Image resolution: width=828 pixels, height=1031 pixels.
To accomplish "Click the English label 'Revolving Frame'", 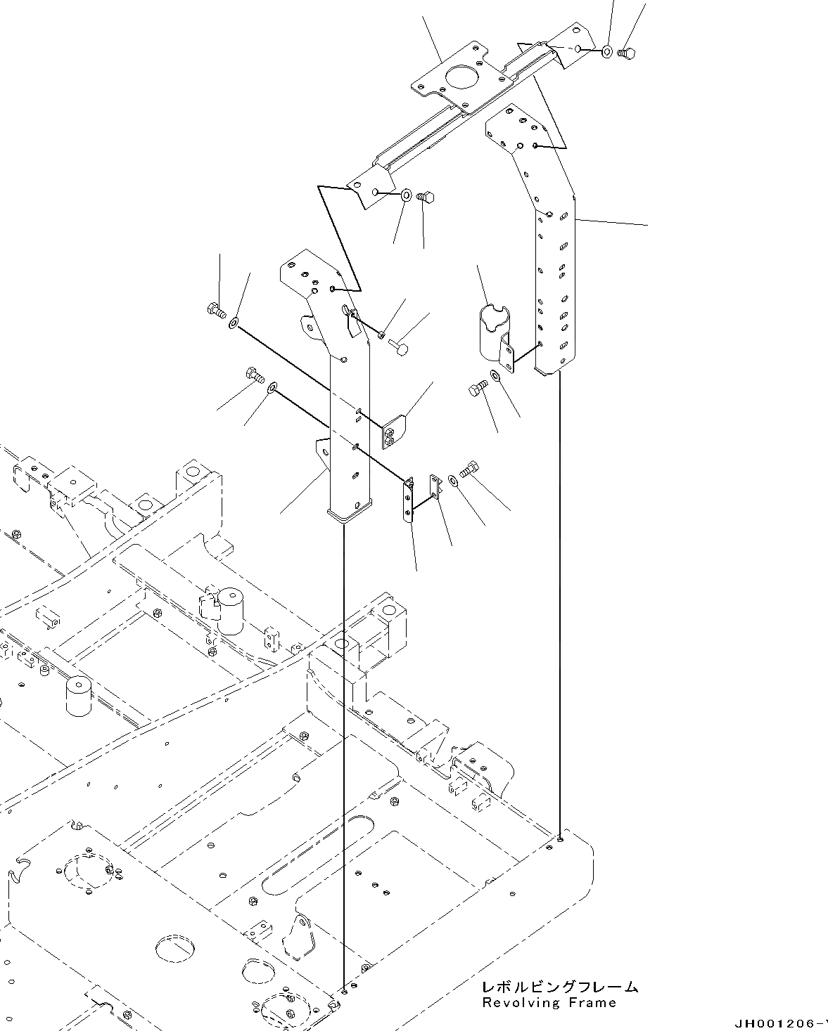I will (549, 1003).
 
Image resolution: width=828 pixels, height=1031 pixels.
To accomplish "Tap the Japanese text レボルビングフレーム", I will (560, 987).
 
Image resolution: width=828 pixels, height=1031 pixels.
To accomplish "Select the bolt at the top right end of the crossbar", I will (626, 52).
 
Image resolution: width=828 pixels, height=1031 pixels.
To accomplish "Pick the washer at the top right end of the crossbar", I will (607, 51).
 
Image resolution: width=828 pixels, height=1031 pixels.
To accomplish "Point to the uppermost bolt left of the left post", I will (215, 309).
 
